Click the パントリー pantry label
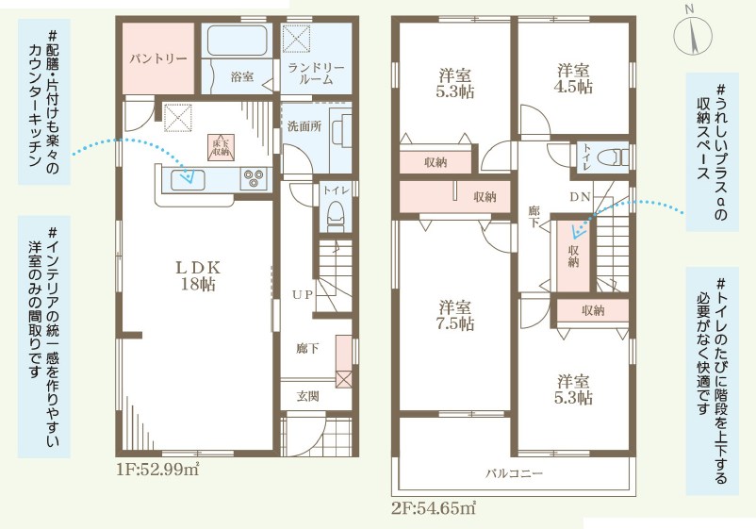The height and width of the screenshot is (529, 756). point(158,59)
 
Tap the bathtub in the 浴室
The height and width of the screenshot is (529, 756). point(238,41)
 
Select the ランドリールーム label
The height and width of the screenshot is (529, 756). point(316,74)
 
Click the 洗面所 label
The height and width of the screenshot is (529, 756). point(304,126)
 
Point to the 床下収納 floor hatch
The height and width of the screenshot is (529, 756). point(221,147)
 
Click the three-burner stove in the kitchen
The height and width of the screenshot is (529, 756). point(255,178)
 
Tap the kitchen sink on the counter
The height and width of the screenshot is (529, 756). point(188,180)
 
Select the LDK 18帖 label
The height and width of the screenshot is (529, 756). point(198,275)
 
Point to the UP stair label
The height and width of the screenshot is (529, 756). point(303,294)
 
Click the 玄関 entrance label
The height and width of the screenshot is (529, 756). point(307,396)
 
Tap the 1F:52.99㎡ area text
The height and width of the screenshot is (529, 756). point(157,470)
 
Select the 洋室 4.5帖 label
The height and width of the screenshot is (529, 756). point(574,78)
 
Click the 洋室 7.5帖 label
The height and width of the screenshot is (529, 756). point(455,315)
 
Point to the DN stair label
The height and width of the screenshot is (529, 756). point(580,197)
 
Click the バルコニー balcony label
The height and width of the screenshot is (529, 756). point(514,473)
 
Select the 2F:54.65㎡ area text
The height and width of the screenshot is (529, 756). point(434,507)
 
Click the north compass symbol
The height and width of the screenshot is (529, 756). point(693,34)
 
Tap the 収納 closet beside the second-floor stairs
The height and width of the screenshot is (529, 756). point(573,256)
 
